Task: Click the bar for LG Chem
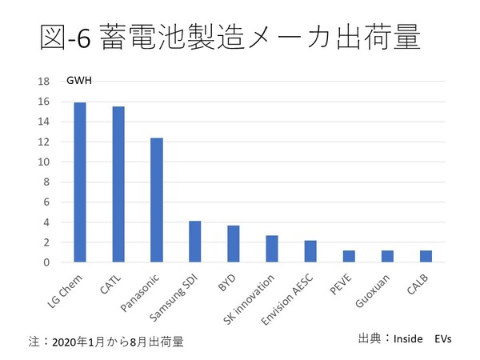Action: [x=80, y=182]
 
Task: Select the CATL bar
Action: [x=118, y=184]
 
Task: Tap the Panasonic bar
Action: [x=157, y=200]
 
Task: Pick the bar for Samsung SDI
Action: [x=195, y=242]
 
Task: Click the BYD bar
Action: [x=234, y=244]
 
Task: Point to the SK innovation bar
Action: [x=272, y=249]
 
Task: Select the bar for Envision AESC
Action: [x=310, y=251]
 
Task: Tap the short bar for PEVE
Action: [x=349, y=256]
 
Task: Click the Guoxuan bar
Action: [x=387, y=256]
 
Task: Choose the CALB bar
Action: [x=426, y=256]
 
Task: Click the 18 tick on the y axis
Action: [x=44, y=82]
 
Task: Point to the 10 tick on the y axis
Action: [x=44, y=162]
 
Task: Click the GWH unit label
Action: [x=79, y=81]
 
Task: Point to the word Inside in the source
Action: [x=407, y=338]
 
